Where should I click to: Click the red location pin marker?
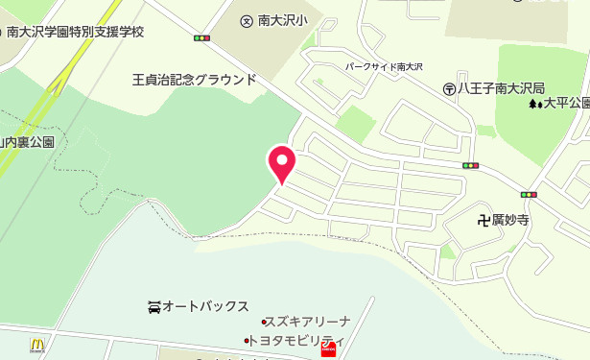coord(281,163)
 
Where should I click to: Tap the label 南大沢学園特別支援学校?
coord(75,32)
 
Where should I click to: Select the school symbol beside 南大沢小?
coord(246,18)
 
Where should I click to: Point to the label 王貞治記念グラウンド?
coord(194,80)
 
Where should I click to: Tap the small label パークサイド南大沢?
coord(384,67)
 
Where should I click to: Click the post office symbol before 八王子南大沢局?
coord(449,87)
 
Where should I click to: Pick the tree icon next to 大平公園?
coord(533,103)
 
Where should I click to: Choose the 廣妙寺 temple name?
coord(510,220)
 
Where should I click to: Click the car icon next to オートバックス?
coord(153,306)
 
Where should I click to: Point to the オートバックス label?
coord(205,306)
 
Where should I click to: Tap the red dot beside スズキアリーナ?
coord(264,322)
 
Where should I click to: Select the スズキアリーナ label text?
coord(310,322)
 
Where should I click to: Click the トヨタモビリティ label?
coord(297,340)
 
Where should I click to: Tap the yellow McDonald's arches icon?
coord(37,344)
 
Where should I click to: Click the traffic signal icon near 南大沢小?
coord(201,38)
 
